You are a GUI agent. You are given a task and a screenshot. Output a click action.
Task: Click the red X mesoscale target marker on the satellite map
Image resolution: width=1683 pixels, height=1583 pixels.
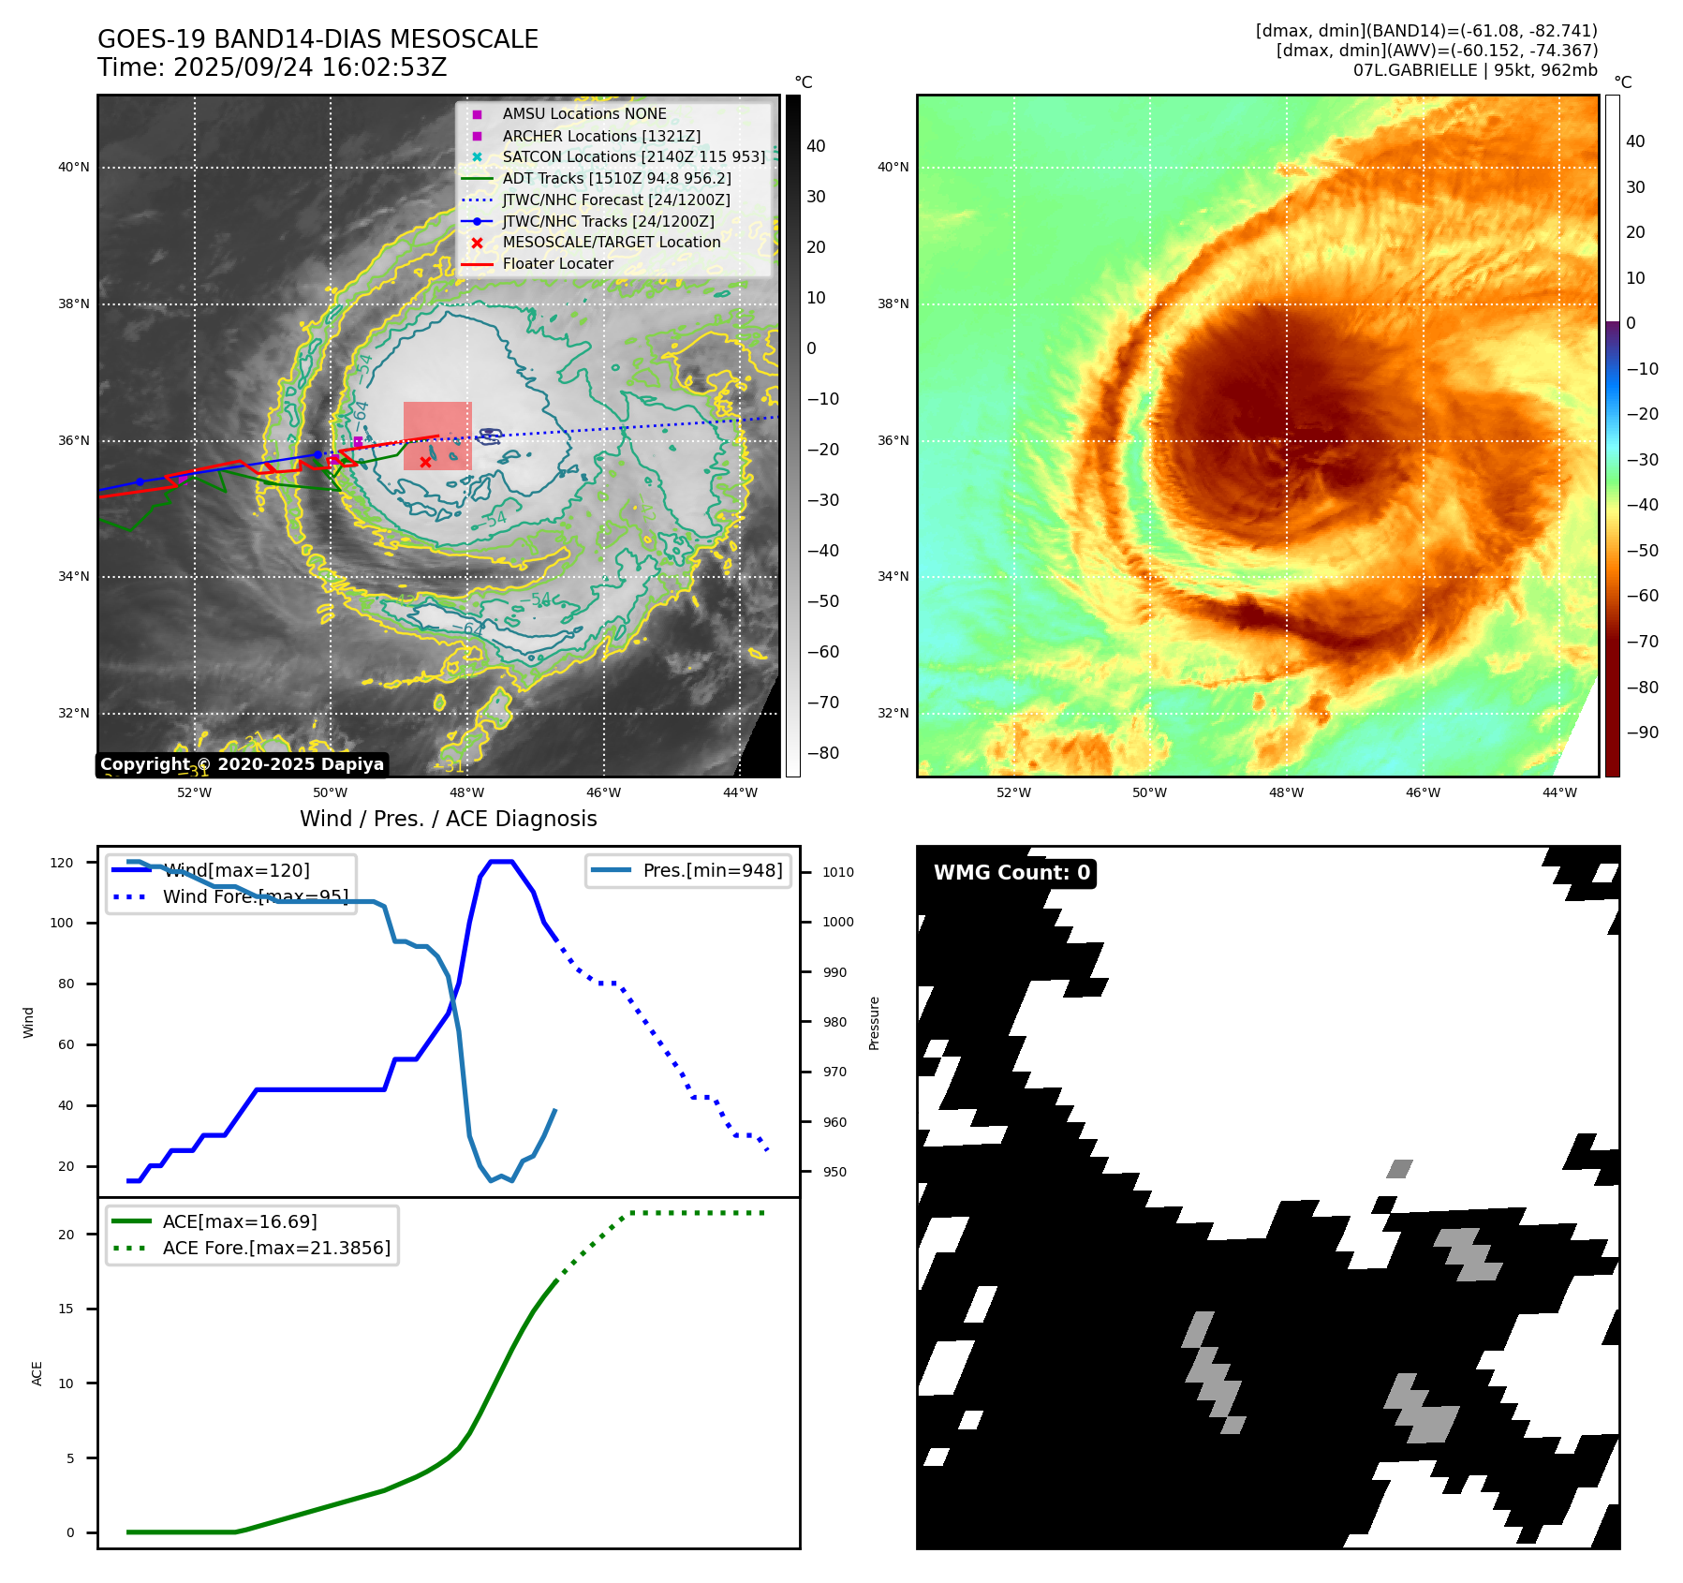[425, 462]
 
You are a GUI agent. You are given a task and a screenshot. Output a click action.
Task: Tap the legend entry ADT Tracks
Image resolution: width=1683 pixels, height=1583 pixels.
[616, 178]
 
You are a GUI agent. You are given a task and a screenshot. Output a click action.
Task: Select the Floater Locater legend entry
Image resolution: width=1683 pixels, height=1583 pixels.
[557, 263]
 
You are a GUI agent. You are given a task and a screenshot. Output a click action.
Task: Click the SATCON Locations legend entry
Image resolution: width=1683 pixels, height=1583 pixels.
[633, 156]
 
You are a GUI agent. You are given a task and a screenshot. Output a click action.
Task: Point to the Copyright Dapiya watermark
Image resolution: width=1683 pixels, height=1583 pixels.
[242, 764]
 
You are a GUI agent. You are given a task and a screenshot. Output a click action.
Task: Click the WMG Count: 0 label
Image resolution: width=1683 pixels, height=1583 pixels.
[1011, 873]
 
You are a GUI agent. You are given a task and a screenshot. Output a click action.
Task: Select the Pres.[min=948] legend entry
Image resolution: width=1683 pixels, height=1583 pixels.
[712, 870]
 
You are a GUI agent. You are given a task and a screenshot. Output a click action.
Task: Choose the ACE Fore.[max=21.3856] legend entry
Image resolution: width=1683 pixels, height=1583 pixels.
[276, 1248]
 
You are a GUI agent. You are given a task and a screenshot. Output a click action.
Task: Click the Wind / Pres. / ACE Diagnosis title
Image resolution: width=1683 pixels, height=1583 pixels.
[448, 819]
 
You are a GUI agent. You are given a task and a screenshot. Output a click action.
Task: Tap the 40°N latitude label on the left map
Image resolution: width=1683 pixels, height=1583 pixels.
[74, 168]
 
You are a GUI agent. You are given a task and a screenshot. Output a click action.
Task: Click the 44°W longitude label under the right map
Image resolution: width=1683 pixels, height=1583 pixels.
[1559, 792]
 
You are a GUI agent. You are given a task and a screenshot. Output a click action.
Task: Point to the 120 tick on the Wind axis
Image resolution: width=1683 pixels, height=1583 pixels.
[62, 863]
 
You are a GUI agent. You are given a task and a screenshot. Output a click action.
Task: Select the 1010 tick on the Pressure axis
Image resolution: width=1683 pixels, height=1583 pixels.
[838, 872]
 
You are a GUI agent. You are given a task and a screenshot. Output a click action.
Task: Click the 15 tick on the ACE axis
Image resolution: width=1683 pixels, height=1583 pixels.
[66, 1309]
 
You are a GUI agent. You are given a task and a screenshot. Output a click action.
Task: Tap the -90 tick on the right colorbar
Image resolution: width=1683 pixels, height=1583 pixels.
[1642, 732]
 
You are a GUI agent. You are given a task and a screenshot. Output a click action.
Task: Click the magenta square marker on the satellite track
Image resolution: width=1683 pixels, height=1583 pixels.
[358, 441]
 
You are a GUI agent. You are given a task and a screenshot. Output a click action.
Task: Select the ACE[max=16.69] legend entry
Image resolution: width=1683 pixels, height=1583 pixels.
[240, 1221]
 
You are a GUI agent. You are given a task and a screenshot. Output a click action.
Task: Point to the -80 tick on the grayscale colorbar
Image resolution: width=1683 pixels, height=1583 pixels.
[823, 753]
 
